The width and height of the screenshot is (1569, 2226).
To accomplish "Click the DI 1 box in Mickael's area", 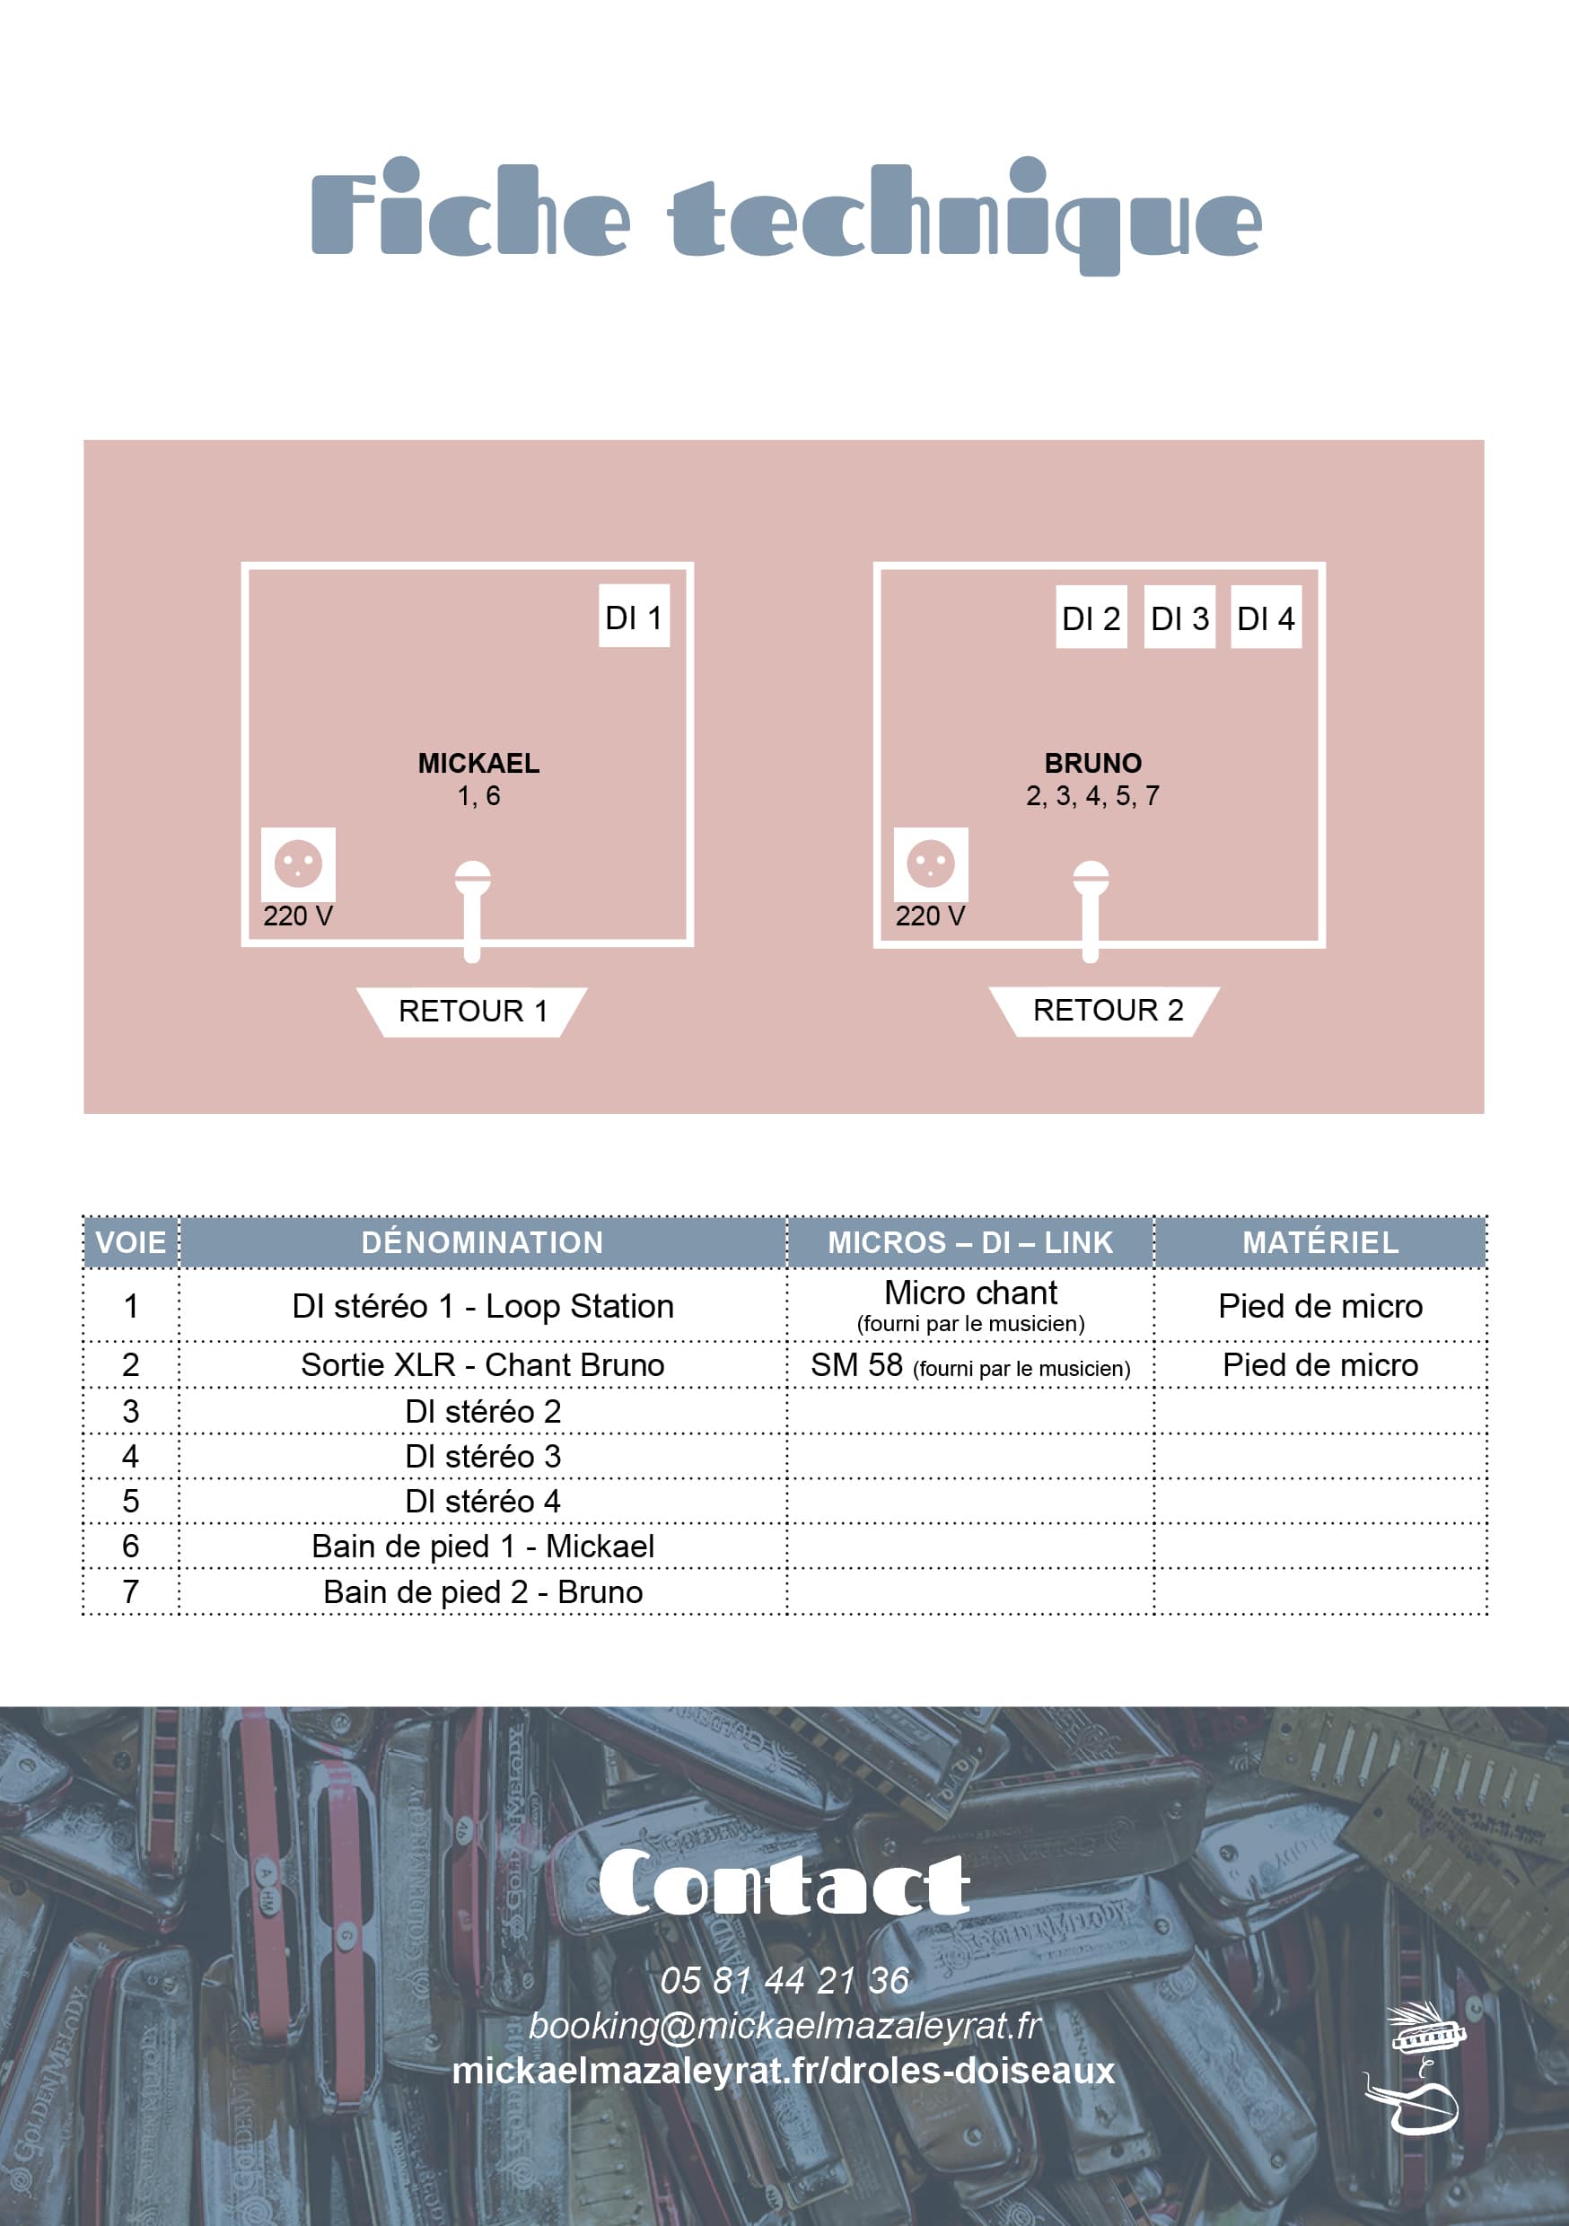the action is tap(635, 616).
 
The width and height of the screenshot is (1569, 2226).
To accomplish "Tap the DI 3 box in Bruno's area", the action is tap(1179, 617).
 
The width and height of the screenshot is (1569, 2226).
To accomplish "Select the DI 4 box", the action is tap(1267, 617).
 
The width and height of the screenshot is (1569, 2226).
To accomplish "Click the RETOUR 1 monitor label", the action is tap(472, 1012).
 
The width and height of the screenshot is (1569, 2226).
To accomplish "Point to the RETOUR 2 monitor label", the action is tap(1105, 1012).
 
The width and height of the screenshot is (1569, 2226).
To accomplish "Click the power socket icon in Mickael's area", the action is tap(299, 863).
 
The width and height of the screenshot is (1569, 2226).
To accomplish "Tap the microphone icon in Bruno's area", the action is tap(1090, 910).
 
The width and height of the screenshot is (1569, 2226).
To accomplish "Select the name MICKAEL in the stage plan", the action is tap(479, 763).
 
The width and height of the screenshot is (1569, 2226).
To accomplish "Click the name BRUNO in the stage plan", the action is tap(1093, 763).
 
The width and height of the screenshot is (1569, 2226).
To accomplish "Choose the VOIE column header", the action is tap(131, 1243).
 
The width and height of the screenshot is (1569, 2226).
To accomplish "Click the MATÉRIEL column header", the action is tap(1320, 1243).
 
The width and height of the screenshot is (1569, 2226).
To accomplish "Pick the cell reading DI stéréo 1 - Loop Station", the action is tap(483, 1306).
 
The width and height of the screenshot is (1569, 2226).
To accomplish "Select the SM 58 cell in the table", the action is tap(970, 1365).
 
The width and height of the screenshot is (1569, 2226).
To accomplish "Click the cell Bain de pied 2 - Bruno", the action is tap(483, 1592).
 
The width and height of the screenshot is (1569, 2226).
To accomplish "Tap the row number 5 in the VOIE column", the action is tap(131, 1502).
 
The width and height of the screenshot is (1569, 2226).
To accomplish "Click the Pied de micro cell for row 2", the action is tap(1320, 1365).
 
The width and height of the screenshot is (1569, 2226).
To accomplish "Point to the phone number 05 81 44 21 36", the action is tap(784, 1981).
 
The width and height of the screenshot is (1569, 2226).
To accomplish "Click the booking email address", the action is tap(785, 2025).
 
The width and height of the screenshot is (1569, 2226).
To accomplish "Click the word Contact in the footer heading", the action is tap(784, 1884).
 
